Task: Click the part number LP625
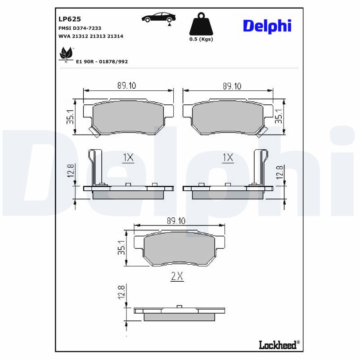click(x=70, y=19)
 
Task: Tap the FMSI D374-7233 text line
click(x=80, y=28)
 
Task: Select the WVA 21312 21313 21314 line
click(x=91, y=36)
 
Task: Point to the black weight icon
click(x=201, y=24)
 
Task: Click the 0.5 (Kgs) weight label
click(x=201, y=39)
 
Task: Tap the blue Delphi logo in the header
click(x=267, y=26)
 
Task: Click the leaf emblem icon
click(x=66, y=54)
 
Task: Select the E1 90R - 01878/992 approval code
click(x=102, y=62)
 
